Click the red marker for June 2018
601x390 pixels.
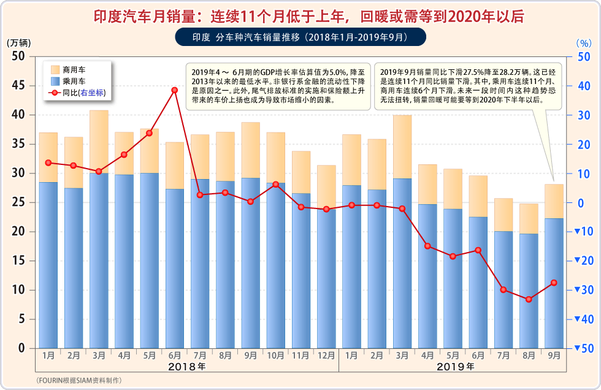pos(175,90)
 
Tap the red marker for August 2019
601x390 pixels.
pos(529,299)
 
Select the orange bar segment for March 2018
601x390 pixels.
pos(99,142)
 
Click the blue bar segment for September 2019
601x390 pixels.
pos(554,283)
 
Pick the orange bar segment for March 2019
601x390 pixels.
pos(402,147)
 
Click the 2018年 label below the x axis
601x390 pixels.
pos(187,367)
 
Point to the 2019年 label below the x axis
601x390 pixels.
pos(456,367)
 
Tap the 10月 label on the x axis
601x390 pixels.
pos(275,355)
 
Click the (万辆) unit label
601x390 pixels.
pos(18,44)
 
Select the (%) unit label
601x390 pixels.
pos(584,44)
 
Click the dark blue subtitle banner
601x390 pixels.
pos(300,37)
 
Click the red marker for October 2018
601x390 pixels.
pos(275,185)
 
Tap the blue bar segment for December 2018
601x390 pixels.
pos(326,279)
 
